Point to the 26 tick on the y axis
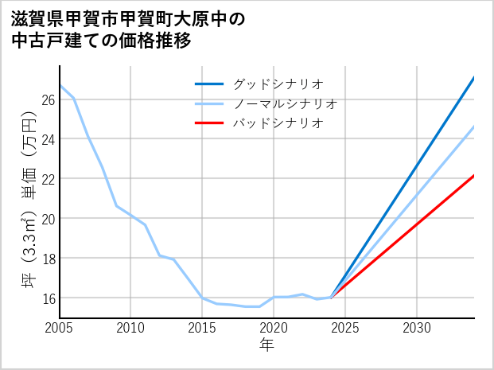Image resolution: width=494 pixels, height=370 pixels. click(x=47, y=99)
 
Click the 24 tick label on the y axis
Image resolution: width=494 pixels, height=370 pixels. click(x=47, y=139)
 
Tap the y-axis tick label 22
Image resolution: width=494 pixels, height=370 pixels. click(x=47, y=179)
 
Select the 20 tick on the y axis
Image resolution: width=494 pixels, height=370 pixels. click(x=47, y=218)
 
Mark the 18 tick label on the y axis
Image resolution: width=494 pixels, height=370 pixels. click(x=47, y=258)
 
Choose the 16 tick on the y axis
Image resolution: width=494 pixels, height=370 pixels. click(x=47, y=298)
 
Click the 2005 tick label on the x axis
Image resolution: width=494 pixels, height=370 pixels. click(x=60, y=328)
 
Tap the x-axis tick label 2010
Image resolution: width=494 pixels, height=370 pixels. click(x=131, y=328)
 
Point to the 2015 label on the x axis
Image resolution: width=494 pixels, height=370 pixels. click(x=203, y=328)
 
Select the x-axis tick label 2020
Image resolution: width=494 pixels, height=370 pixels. click(x=274, y=328)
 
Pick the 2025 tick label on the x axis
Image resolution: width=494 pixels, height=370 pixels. click(x=345, y=328)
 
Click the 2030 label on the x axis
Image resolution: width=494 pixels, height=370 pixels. click(x=417, y=328)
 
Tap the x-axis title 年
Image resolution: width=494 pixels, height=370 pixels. click(x=266, y=345)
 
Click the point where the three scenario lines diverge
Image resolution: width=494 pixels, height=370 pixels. click(x=331, y=297)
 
